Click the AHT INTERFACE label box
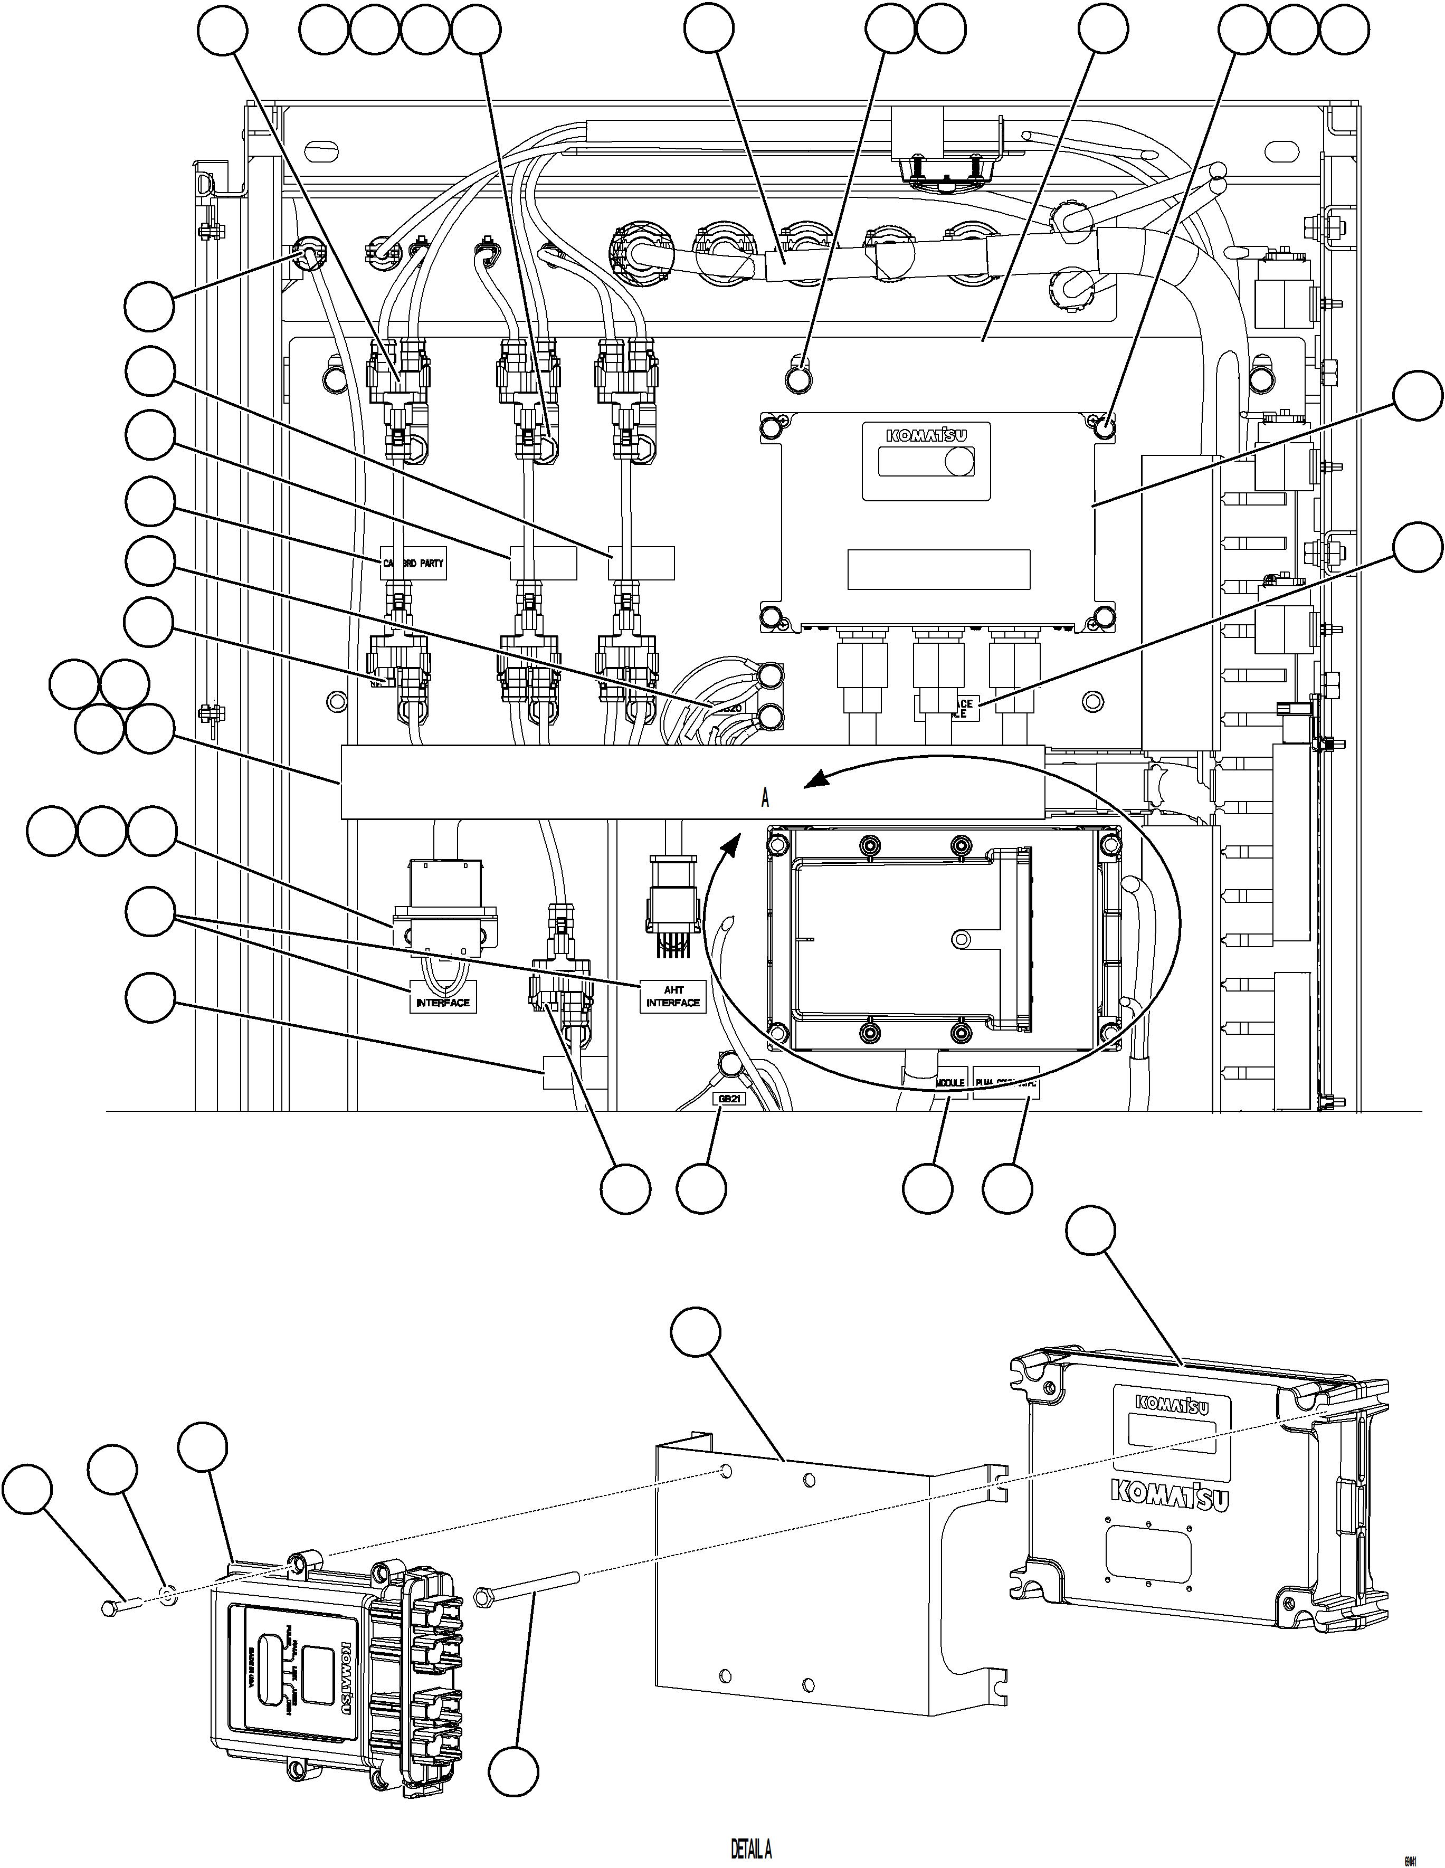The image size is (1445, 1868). [x=672, y=996]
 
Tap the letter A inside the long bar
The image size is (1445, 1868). [x=765, y=798]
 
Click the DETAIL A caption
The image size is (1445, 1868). [x=751, y=1848]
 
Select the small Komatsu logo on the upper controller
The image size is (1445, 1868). [x=927, y=434]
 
